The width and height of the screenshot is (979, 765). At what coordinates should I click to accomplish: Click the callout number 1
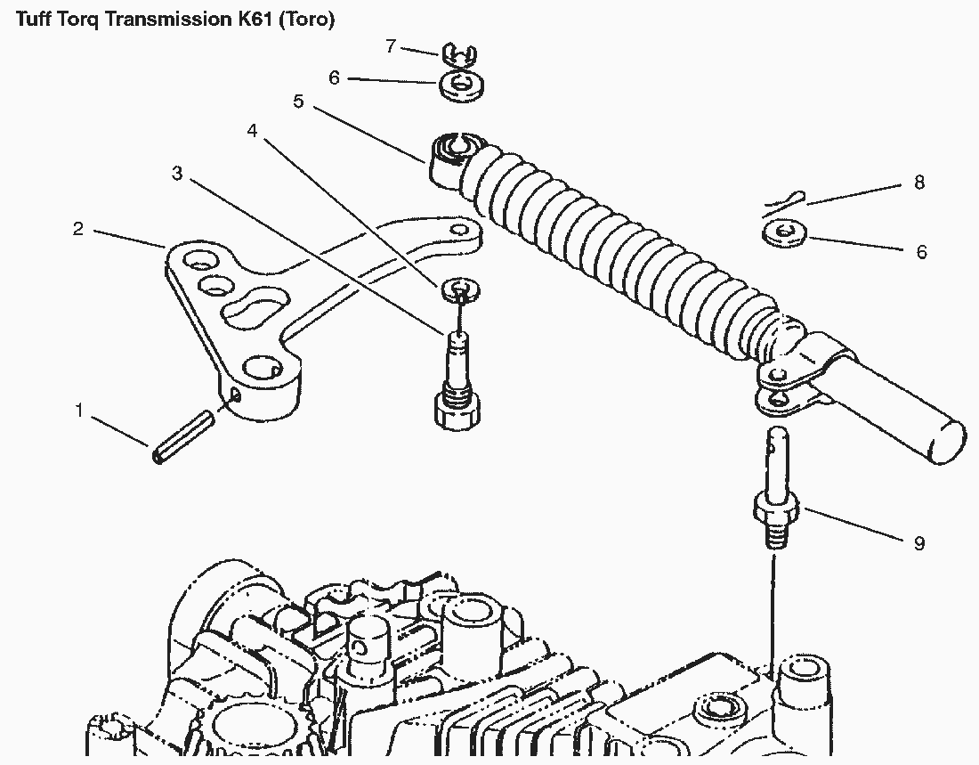(79, 411)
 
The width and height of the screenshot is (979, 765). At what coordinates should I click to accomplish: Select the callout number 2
(78, 229)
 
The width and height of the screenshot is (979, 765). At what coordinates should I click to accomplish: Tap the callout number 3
(177, 173)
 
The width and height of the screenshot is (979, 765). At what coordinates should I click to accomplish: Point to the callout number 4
(253, 131)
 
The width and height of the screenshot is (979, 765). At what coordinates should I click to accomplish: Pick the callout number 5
(298, 102)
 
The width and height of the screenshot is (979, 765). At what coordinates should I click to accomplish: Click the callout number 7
(391, 46)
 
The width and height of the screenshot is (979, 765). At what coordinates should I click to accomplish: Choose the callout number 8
(919, 183)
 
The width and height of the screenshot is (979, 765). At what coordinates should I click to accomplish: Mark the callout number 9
(919, 542)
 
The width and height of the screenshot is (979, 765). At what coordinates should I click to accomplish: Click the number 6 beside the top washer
(335, 78)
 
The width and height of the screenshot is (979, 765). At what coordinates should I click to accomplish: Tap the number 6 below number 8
(921, 252)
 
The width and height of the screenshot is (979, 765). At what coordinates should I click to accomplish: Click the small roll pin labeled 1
(182, 442)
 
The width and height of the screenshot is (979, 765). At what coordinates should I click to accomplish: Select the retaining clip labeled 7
(457, 55)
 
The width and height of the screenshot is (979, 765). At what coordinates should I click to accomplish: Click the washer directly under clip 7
(460, 86)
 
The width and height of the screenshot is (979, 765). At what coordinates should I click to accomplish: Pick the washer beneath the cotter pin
(784, 234)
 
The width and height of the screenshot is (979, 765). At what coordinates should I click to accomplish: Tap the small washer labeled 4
(459, 288)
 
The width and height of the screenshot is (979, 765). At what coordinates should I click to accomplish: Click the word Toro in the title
(307, 20)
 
